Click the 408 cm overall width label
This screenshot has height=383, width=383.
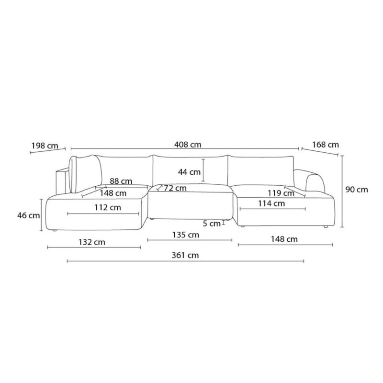(188, 145)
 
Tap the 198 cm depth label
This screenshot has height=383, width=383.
(45, 146)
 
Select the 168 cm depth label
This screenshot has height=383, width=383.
(326, 145)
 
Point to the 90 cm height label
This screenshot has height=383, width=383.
(357, 190)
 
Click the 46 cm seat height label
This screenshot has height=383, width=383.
(28, 215)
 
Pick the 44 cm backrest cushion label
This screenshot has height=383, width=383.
(189, 172)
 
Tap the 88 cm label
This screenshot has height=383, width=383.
(121, 181)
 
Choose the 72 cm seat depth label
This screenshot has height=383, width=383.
(175, 188)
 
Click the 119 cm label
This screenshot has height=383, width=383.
(281, 193)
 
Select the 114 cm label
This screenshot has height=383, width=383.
(271, 203)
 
